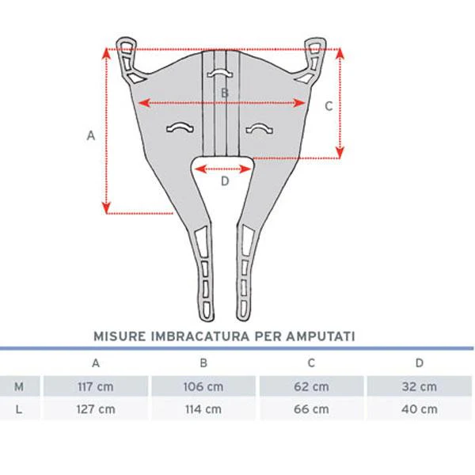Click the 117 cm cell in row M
(96, 386)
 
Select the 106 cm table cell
(203, 386)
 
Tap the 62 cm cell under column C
(311, 386)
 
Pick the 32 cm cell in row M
(420, 386)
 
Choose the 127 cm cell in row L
(96, 409)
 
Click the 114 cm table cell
(203, 409)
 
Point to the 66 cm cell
(311, 409)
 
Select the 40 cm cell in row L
(420, 409)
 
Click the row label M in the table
(19, 386)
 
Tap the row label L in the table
(19, 409)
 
